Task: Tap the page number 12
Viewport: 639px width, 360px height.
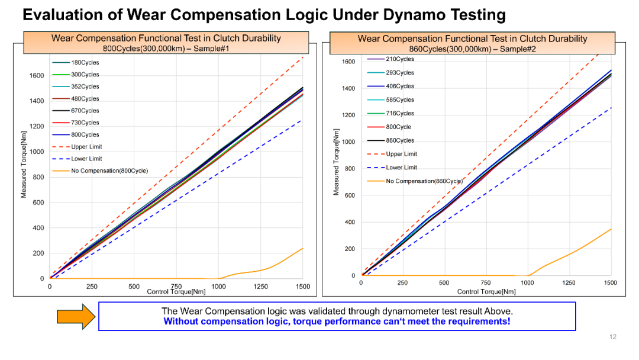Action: [x=613, y=337]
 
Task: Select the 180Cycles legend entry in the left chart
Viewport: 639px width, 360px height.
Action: [x=85, y=63]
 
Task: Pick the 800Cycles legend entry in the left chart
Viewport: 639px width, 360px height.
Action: [x=85, y=135]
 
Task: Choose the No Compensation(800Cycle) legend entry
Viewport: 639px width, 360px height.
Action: [x=109, y=171]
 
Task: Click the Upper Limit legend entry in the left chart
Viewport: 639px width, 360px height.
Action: [x=87, y=147]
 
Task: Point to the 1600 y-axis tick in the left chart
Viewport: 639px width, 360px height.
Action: [x=37, y=76]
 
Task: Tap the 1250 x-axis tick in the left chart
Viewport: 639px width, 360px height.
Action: [x=261, y=287]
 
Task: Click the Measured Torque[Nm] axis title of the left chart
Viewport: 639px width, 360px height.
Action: [x=25, y=162]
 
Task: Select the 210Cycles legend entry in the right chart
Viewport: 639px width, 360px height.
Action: [x=400, y=59]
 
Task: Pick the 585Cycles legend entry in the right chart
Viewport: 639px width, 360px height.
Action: [x=400, y=100]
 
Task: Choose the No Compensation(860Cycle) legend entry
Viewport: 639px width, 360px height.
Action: [x=424, y=181]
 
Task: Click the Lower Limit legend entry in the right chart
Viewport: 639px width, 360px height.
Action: [x=402, y=168]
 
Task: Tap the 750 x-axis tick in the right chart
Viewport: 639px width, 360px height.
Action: [x=485, y=283]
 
